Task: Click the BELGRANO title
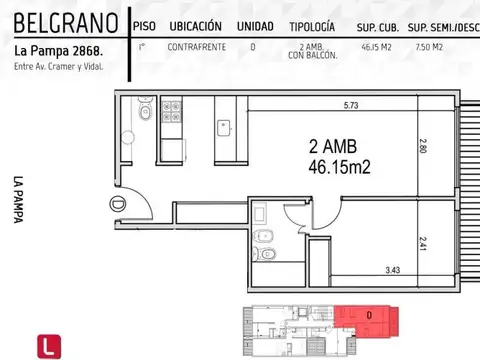click(x=58, y=22)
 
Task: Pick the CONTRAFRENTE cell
click(x=195, y=46)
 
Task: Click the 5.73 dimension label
click(x=351, y=105)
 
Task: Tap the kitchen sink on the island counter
click(x=222, y=128)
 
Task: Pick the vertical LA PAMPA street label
click(x=19, y=201)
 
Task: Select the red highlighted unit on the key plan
click(x=369, y=319)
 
